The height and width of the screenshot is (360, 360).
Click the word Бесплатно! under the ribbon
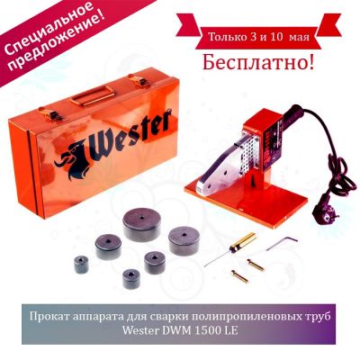[x=258, y=62]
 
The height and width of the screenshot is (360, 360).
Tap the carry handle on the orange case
[x=92, y=95]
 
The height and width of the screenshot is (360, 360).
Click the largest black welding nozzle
[x=141, y=224]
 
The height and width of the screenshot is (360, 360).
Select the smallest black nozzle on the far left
[x=81, y=265]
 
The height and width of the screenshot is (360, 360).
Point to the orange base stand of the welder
[x=247, y=204]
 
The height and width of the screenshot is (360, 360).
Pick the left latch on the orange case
[x=49, y=113]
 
